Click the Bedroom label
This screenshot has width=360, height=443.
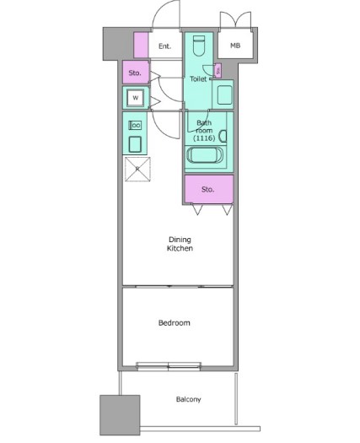coord(174,322)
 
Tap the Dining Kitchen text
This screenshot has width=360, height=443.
coord(180,244)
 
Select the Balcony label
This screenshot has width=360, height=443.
coord(188,399)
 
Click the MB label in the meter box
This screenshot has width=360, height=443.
coord(235,46)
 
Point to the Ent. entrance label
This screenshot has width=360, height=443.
coord(165,46)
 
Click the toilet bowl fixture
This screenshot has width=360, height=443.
coord(199,46)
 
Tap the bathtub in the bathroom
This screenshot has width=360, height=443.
coord(205,155)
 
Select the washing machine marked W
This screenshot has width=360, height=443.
coord(136,98)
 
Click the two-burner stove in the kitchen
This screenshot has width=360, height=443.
coord(135,125)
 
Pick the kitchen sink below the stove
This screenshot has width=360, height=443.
coord(135,144)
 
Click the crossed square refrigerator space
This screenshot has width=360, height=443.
coord(137,169)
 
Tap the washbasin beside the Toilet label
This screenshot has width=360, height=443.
coord(225,95)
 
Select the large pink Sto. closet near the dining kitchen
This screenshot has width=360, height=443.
coord(209,189)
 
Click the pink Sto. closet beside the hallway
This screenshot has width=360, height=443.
coord(136,73)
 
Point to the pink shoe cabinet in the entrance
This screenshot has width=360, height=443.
coord(141,46)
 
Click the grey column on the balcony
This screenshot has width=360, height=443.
coord(120,415)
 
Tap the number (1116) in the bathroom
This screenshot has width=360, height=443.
coord(204,138)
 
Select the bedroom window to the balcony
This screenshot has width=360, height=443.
coord(169,366)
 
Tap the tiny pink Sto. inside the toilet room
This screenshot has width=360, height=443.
coord(218,70)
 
